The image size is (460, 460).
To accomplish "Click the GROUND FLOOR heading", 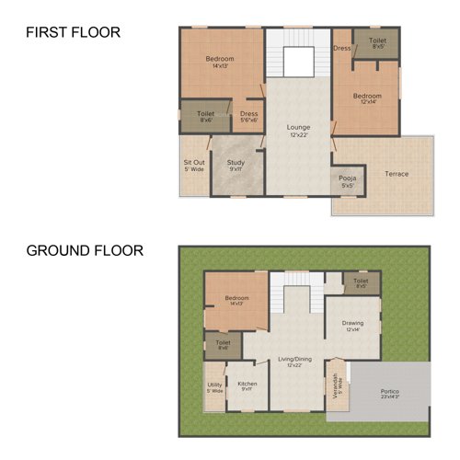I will [x=84, y=250].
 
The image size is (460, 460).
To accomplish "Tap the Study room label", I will [x=236, y=165].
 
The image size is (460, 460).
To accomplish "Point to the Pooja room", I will [x=347, y=178].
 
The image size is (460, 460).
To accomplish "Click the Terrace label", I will [x=397, y=174].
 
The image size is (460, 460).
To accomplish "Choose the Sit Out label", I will [x=193, y=167].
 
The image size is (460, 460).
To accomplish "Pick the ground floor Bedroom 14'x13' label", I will [x=237, y=300].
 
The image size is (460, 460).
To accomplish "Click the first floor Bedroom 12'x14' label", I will [x=367, y=98].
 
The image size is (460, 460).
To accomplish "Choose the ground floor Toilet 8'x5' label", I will [x=361, y=282].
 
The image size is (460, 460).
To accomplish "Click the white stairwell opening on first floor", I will [x=298, y=63].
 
